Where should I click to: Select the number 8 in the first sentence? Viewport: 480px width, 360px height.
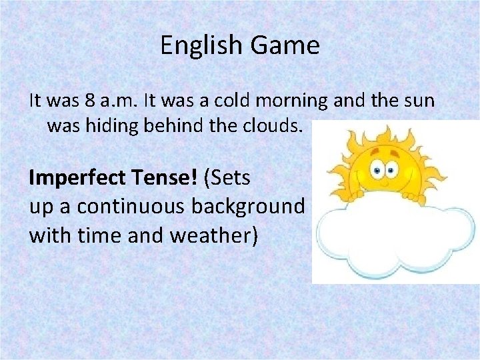[x=91, y=101]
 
